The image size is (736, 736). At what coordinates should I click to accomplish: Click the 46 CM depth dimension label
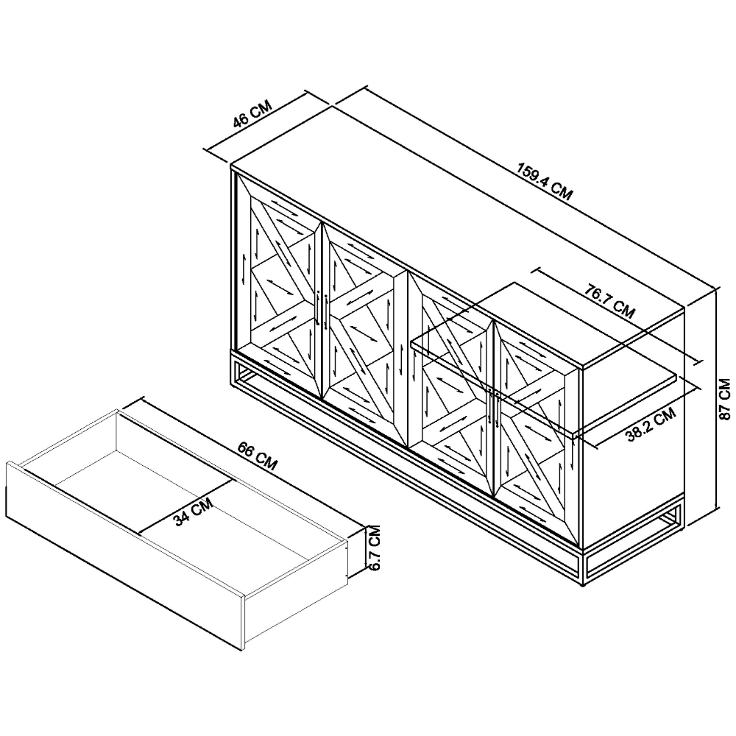(x=252, y=114)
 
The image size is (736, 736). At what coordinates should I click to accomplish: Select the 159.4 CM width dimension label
(x=545, y=181)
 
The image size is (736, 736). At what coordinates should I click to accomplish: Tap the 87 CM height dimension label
(x=725, y=399)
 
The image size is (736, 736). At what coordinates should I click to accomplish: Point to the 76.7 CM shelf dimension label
(x=609, y=301)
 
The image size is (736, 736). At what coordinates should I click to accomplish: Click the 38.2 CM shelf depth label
(x=652, y=425)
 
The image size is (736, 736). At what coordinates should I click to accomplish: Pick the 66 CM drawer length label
(x=257, y=456)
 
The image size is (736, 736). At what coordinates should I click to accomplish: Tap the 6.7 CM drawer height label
(x=374, y=548)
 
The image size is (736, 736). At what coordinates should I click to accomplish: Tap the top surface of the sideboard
(x=458, y=235)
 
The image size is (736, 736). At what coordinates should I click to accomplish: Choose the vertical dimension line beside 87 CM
(x=716, y=399)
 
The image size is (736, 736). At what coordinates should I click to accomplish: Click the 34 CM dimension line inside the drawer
(x=185, y=506)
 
